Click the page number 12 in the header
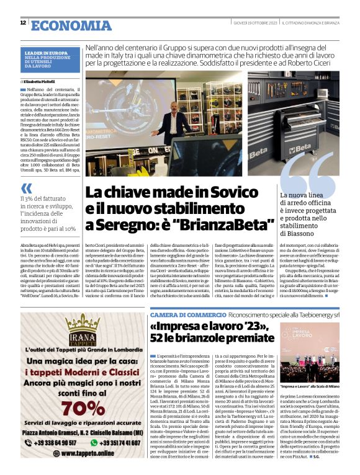(23, 23)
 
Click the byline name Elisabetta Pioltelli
(44, 81)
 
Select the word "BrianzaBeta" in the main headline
(232, 222)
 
